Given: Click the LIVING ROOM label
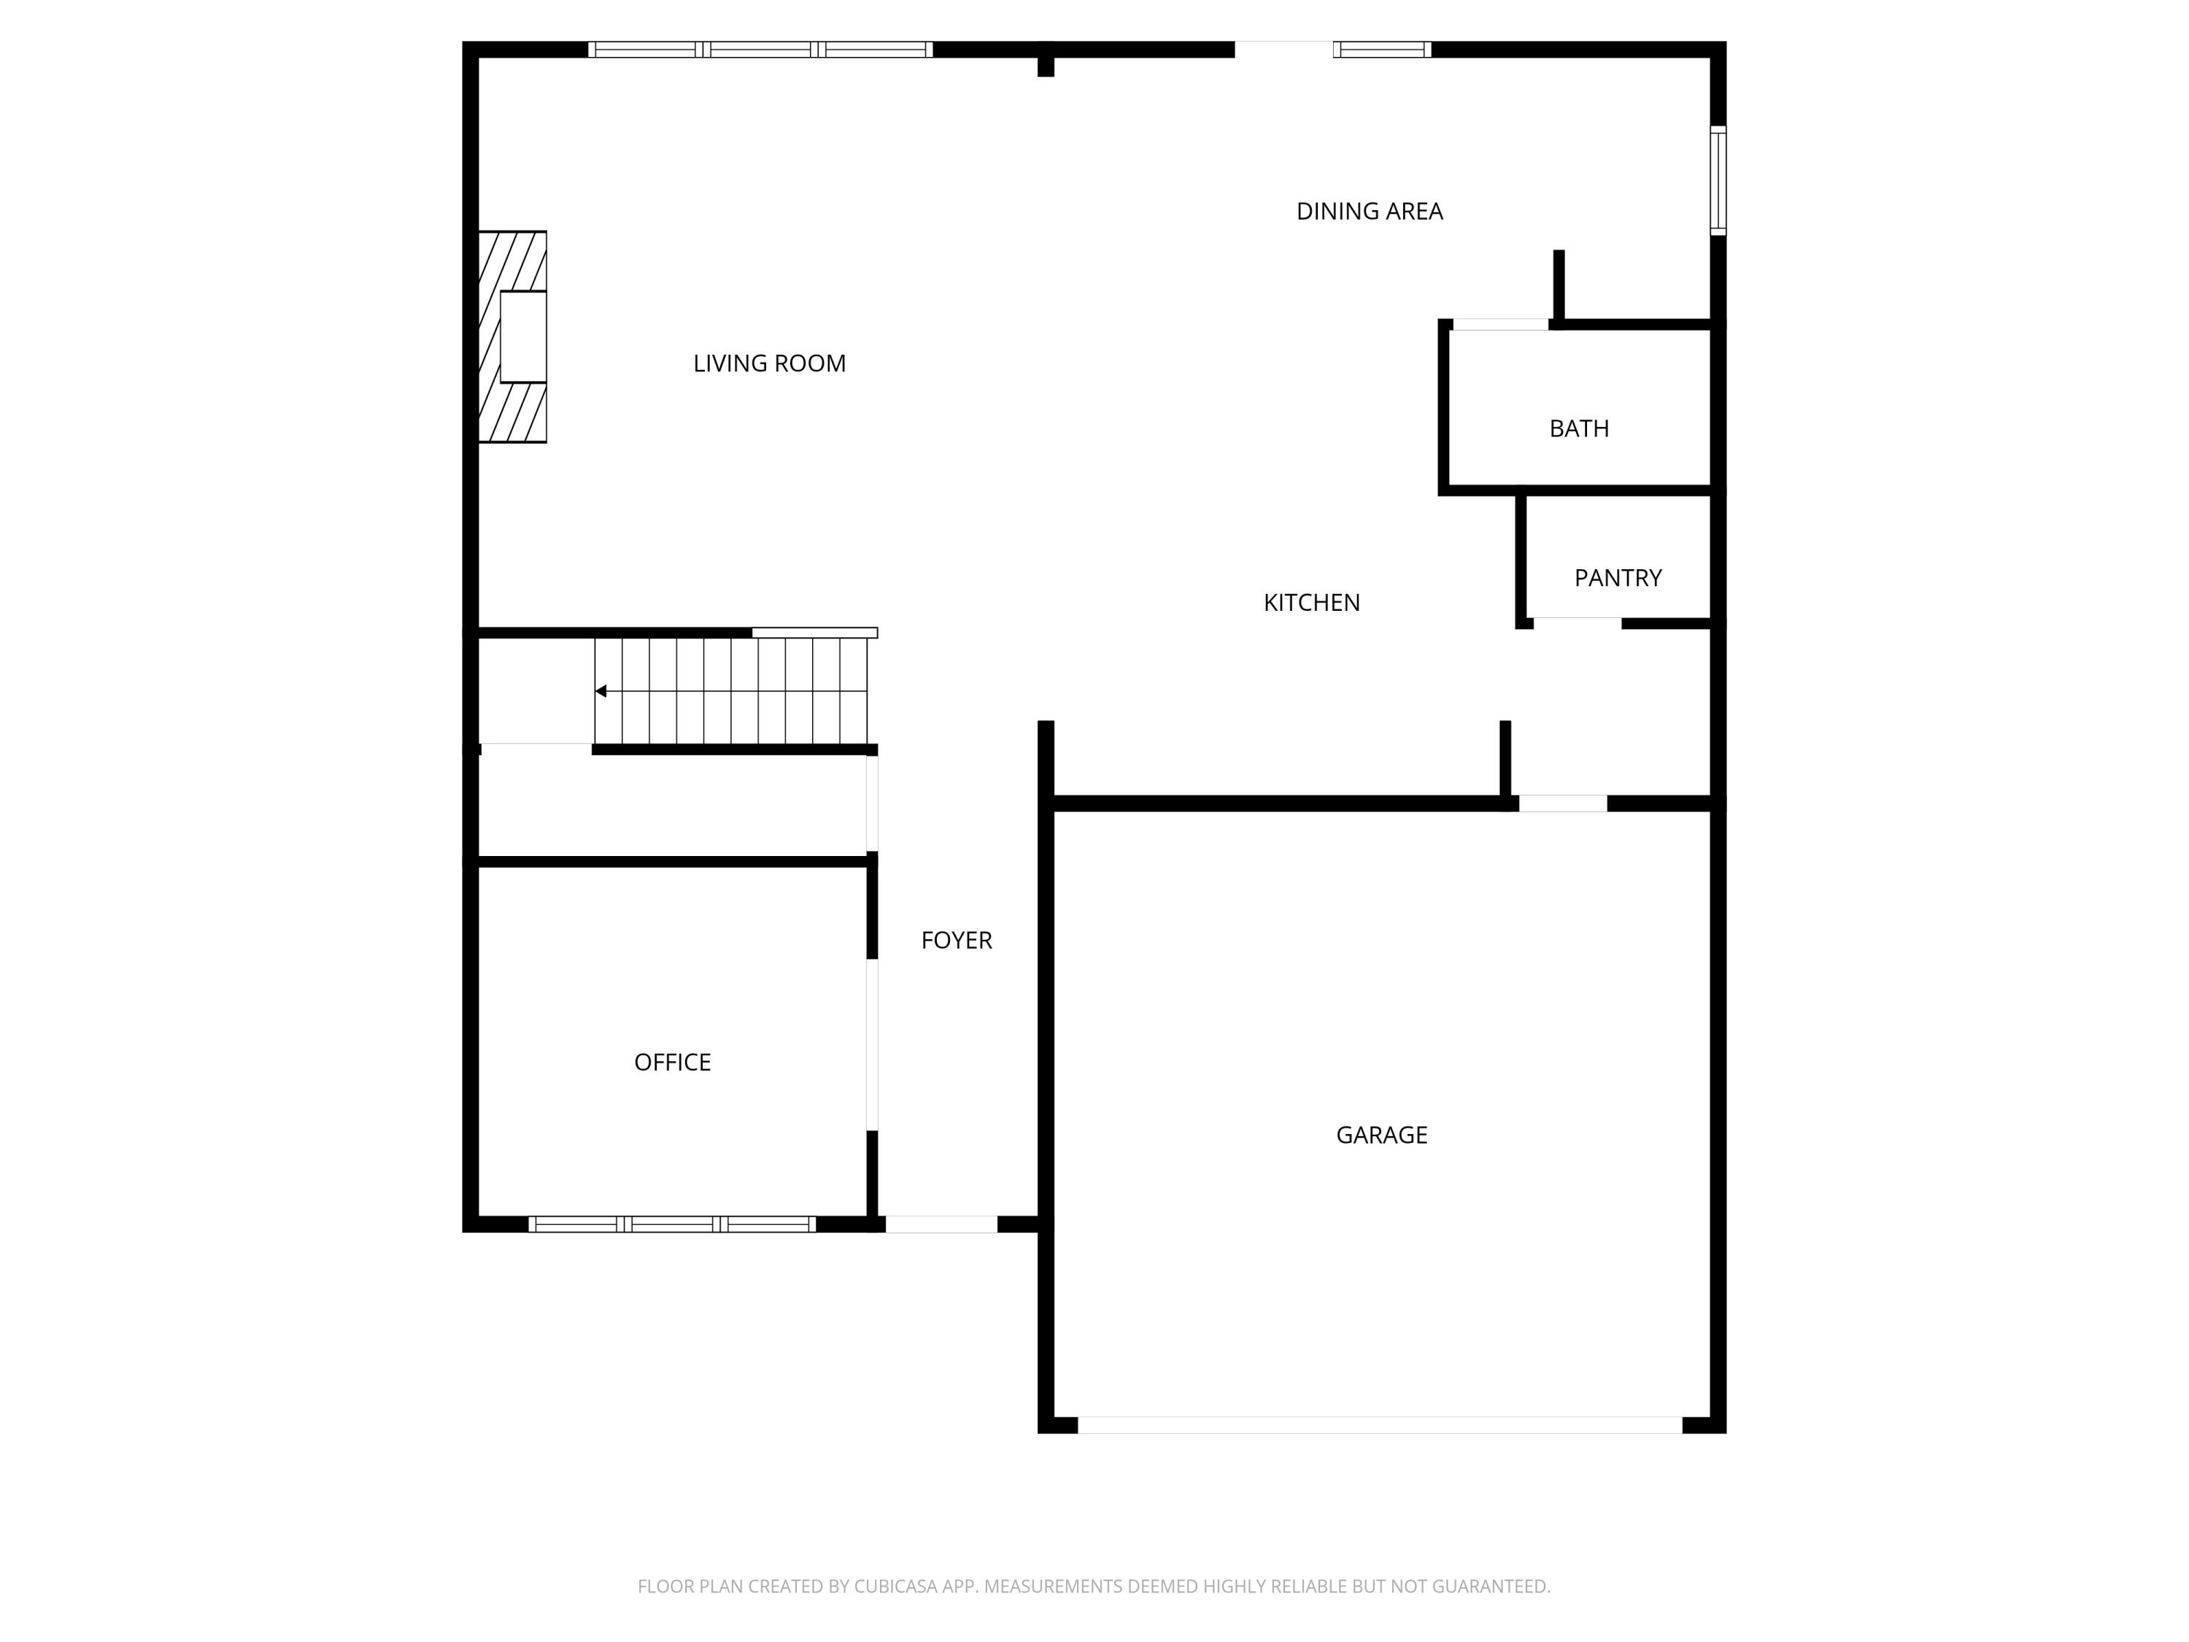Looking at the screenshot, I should tap(769, 363).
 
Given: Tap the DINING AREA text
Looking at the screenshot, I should tap(1369, 211).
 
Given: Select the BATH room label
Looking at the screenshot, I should tap(1578, 428).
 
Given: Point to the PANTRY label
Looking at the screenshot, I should tap(1617, 578).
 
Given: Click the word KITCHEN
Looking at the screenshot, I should tap(1311, 603).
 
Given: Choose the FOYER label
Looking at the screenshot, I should tap(956, 940).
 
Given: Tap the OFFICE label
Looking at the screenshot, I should tap(672, 1062).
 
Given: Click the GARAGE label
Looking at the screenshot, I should tap(1381, 1136).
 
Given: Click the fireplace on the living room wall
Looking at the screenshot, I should tap(514, 336).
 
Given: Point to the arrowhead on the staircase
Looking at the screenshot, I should tap(601, 691).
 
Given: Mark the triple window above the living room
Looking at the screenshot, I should tap(760, 50).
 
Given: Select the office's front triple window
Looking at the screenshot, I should tap(672, 1225).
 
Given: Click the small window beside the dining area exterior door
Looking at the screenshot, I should tap(1381, 50).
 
